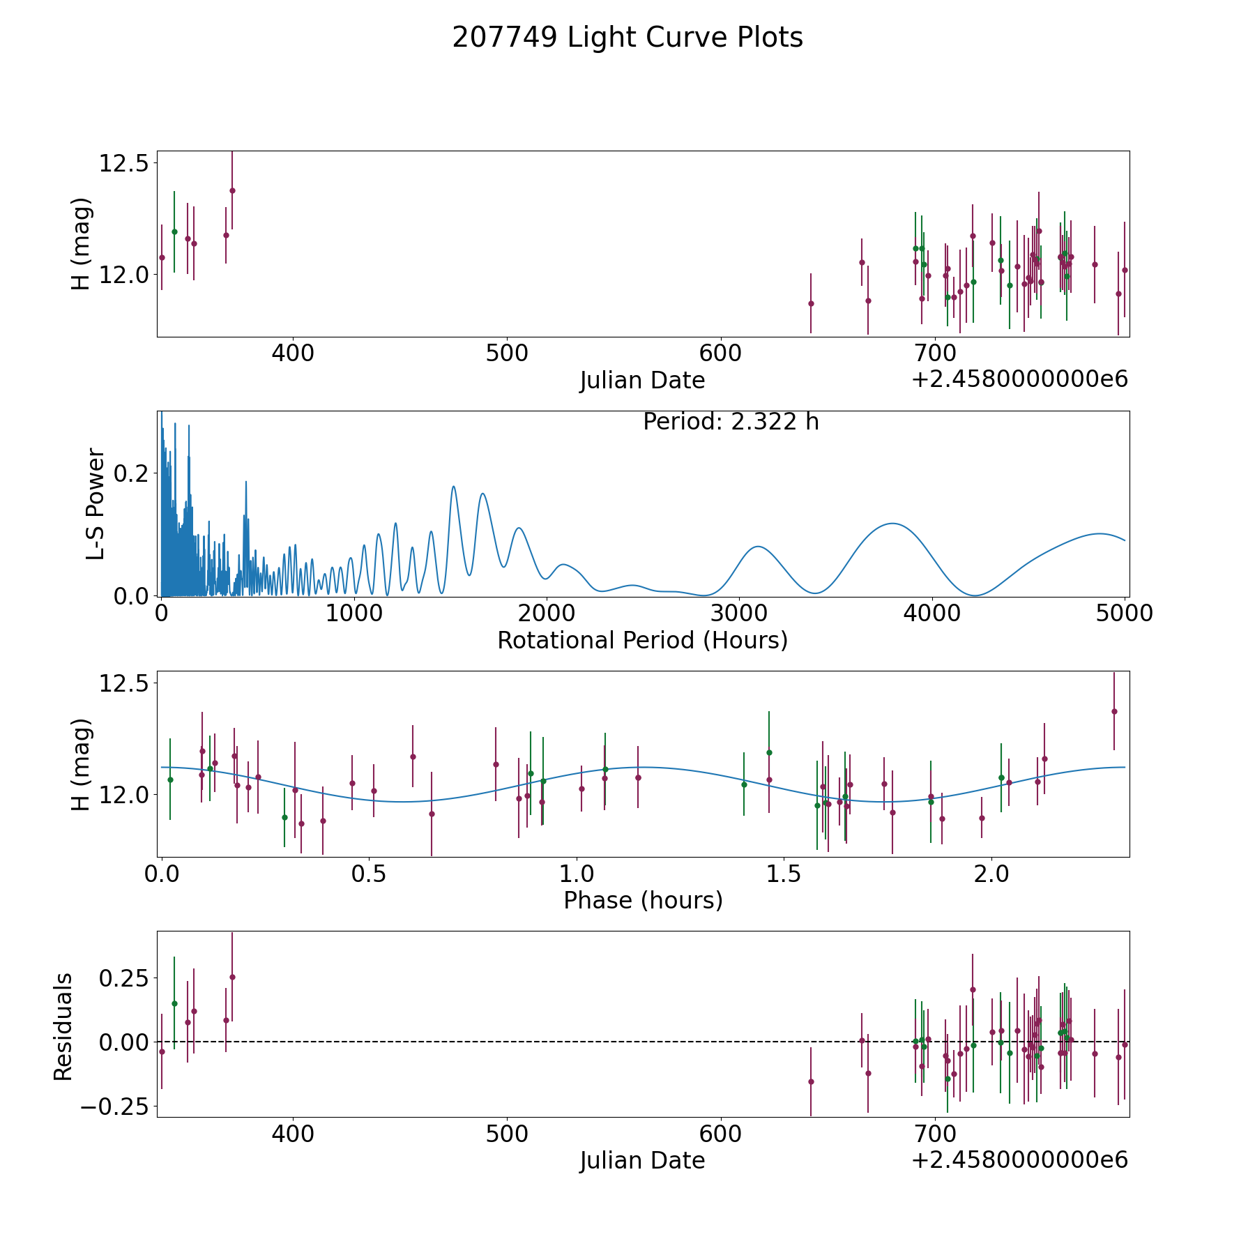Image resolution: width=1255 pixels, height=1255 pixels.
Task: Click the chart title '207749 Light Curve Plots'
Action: [627, 38]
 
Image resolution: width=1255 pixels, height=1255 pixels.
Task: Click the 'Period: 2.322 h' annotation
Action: [731, 422]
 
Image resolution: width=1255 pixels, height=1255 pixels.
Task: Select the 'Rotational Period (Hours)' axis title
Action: [642, 640]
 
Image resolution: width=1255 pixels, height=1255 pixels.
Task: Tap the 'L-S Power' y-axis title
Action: [96, 503]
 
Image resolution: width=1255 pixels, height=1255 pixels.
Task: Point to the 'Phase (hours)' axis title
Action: [643, 900]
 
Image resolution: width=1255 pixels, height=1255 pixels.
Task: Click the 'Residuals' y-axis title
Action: [63, 1026]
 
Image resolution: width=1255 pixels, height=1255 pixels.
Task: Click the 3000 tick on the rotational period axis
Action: [739, 614]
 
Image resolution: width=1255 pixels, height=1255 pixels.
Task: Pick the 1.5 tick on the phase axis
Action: [784, 874]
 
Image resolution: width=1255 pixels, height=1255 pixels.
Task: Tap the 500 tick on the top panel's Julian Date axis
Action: [506, 353]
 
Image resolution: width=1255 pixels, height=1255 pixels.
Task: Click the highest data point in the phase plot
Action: [1114, 711]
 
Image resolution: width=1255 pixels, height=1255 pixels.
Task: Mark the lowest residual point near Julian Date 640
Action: [811, 1081]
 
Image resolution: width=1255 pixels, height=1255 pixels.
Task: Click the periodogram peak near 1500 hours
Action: [454, 486]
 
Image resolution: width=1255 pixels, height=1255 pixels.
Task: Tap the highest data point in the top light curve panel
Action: [232, 190]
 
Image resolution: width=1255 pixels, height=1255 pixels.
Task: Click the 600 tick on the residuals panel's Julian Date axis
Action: [720, 1134]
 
